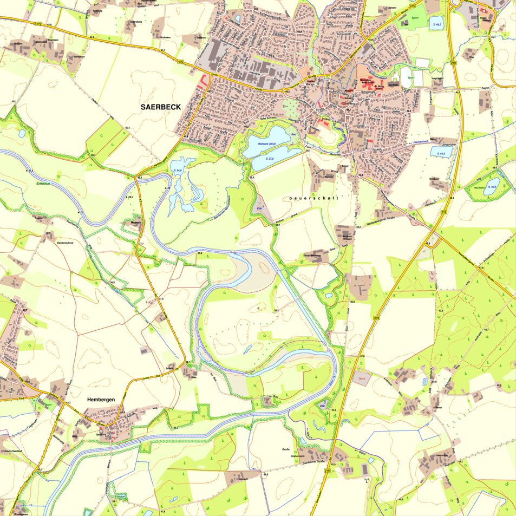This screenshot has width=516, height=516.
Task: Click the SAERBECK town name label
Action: click(161, 107)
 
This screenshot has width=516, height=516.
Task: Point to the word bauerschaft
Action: click(314, 198)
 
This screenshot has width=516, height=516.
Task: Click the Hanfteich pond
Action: click(487, 187)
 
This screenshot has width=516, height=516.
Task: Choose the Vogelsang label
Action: click(438, 79)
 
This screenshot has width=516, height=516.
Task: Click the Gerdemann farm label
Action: click(79, 56)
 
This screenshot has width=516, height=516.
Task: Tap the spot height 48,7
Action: click(486, 330)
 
